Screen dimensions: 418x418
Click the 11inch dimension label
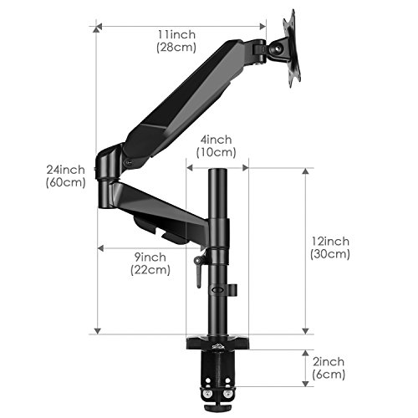pyautogui.click(x=176, y=34)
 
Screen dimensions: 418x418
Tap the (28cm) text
pyautogui.click(x=176, y=47)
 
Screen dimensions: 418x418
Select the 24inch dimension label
pyautogui.click(x=65, y=170)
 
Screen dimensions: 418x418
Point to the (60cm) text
pyautogui.click(x=65, y=182)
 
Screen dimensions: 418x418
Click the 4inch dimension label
pyautogui.click(x=216, y=140)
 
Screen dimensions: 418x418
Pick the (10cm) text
pyautogui.click(x=216, y=152)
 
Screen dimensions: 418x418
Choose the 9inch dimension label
pyautogui.click(x=150, y=257)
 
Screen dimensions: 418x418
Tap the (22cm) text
pyautogui.click(x=150, y=270)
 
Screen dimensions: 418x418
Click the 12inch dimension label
pyautogui.click(x=330, y=241)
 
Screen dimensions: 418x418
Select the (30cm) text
pyautogui.click(x=330, y=254)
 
